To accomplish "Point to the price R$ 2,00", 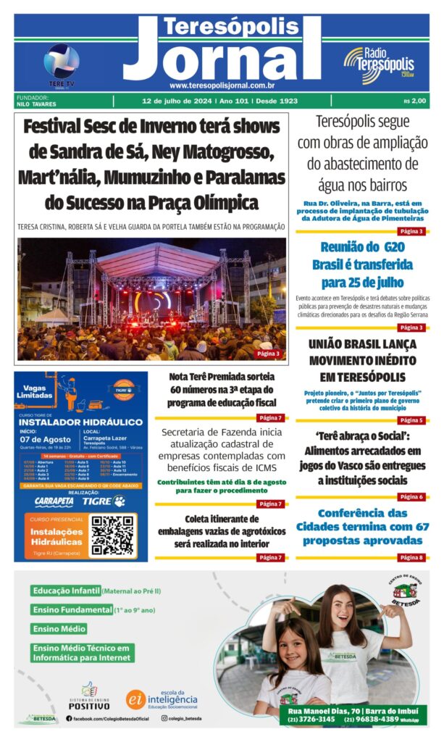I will point(416,101).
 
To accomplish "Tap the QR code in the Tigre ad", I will point(113,535).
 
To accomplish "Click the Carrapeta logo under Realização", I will point(54,501).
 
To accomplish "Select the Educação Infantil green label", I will point(65,591).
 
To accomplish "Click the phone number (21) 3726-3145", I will point(308,720).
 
